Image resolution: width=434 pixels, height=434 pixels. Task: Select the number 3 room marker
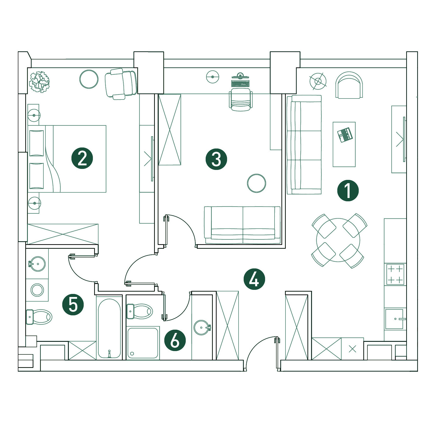[x=216, y=159]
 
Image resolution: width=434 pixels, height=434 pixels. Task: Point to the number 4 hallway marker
[x=254, y=279]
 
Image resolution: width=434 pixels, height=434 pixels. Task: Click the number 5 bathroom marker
[x=73, y=304]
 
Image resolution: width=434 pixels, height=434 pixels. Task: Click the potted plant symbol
[x=39, y=82]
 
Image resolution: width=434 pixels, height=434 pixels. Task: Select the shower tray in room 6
[x=143, y=343]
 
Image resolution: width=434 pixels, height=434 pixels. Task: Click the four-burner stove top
[x=395, y=274]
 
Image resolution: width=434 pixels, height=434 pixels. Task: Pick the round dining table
[x=338, y=240]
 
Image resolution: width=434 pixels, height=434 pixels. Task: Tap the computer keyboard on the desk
[x=240, y=83]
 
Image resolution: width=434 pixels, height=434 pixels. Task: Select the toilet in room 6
[x=140, y=311]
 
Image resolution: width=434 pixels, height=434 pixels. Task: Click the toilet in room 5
[x=39, y=317]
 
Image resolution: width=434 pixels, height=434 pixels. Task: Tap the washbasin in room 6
[x=202, y=328]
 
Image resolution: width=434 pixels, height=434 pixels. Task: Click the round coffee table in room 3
[x=256, y=183]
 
